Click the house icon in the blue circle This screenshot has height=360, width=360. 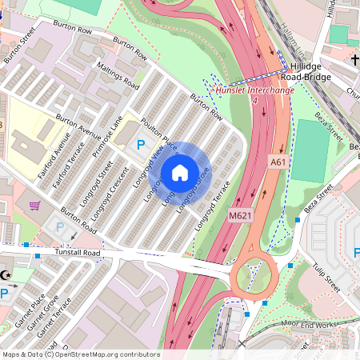180,172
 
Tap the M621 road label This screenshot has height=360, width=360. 240,216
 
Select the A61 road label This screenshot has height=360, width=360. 278,162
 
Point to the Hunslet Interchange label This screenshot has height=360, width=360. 255,90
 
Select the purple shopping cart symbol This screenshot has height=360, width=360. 34,206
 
